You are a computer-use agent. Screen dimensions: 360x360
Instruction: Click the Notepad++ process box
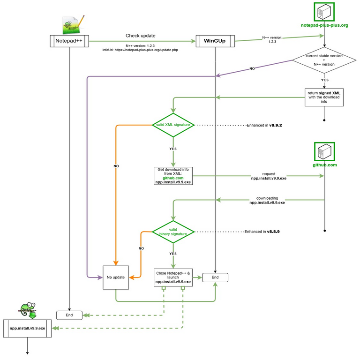coord(69,41)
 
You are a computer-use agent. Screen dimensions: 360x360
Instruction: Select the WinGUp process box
coord(215,41)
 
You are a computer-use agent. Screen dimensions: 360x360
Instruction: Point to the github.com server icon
coord(324,151)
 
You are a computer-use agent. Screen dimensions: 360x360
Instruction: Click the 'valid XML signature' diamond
coord(173,125)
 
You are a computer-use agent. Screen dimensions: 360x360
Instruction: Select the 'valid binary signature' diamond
coord(173,232)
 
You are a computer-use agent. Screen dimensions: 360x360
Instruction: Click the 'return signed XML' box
coord(324,96)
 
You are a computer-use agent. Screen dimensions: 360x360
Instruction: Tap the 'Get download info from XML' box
coord(173,176)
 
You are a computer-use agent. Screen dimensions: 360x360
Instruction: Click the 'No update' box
coord(116,277)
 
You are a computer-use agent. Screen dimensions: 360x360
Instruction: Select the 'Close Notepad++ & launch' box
coord(173,277)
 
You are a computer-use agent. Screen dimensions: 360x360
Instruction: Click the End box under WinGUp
coord(215,277)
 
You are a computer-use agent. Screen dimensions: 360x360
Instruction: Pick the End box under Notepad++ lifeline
coord(69,315)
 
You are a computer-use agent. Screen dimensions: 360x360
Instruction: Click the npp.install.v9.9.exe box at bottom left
coord(27,329)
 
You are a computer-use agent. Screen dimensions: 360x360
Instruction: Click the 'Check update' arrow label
coord(140,36)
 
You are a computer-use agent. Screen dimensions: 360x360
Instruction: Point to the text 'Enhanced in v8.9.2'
coord(267,126)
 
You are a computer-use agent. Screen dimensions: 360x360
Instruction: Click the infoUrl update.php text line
coord(141,50)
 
